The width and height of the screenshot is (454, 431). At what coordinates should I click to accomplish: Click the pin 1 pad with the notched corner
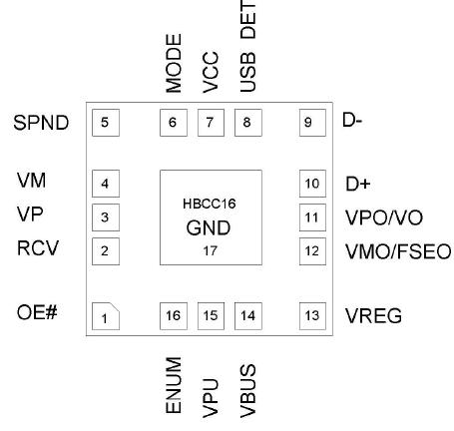[x=105, y=316]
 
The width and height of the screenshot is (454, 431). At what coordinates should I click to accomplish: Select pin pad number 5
[x=105, y=123]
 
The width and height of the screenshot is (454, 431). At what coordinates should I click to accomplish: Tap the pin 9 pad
[x=312, y=123]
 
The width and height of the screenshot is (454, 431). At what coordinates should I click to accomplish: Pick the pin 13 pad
[x=312, y=316]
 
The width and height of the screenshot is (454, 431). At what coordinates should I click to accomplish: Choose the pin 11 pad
[x=312, y=216]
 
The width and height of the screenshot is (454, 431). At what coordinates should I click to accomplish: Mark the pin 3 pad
[x=105, y=216]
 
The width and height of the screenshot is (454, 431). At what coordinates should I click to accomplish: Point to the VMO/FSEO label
[x=397, y=249]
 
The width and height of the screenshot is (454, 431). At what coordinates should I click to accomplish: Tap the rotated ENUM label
[x=174, y=384]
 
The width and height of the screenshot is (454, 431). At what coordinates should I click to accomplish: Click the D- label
[x=352, y=122]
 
